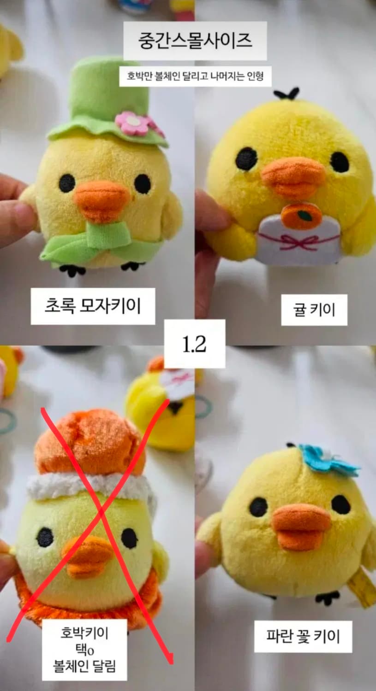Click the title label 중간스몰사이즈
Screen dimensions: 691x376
(x=195, y=41)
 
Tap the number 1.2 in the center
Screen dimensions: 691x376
(x=194, y=344)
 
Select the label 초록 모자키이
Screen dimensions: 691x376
(x=93, y=305)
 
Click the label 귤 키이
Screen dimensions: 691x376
(x=314, y=310)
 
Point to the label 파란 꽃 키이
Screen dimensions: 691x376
(x=303, y=636)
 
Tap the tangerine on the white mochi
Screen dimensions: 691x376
(x=302, y=215)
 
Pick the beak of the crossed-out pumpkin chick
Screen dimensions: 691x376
(x=88, y=555)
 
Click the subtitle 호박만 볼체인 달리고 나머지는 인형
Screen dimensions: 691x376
(x=195, y=75)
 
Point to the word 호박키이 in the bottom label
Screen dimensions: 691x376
(x=84, y=632)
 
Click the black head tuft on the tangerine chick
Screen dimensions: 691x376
(x=286, y=94)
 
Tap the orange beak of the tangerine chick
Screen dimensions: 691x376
(x=293, y=177)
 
